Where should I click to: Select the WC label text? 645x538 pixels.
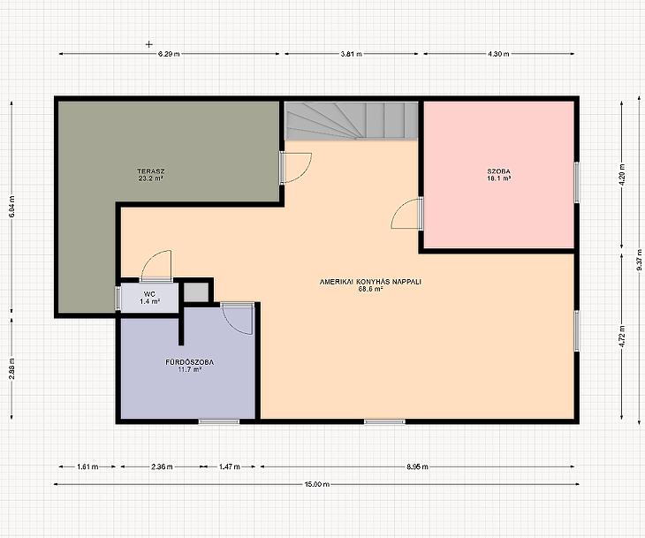[149, 294]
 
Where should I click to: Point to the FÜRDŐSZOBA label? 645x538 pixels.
[190, 362]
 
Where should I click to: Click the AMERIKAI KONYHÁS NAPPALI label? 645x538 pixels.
[370, 282]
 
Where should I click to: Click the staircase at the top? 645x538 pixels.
[352, 120]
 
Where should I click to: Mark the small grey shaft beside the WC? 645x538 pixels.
[196, 292]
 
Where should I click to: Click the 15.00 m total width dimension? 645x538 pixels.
[316, 484]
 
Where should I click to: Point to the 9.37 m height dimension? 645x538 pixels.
[639, 259]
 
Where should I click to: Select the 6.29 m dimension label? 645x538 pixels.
[169, 54]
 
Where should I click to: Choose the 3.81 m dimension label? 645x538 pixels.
[352, 54]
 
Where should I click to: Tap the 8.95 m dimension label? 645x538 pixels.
[418, 466]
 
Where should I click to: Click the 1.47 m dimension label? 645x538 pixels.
[230, 466]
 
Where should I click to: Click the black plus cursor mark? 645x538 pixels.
[149, 44]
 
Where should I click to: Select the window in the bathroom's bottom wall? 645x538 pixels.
[219, 421]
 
